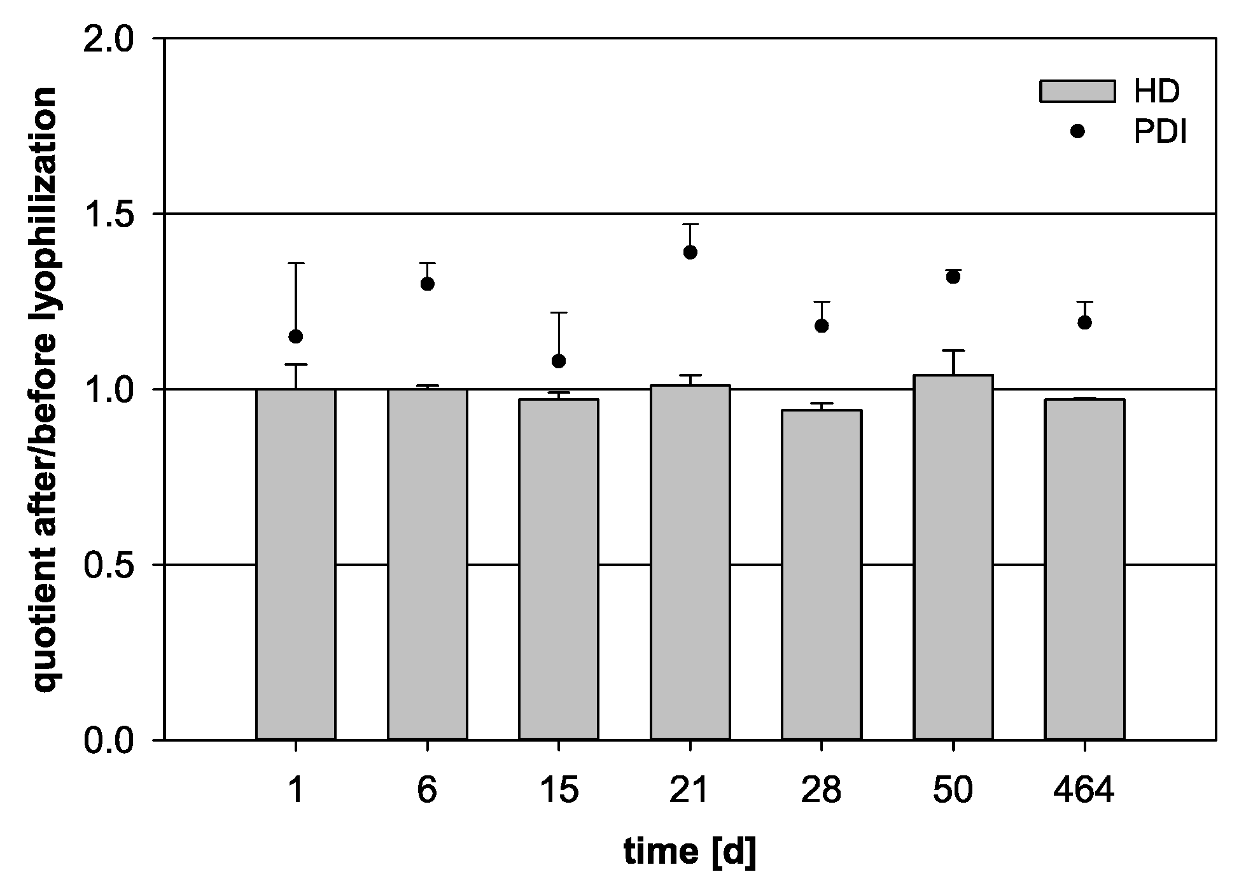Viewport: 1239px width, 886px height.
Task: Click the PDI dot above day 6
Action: pos(428,284)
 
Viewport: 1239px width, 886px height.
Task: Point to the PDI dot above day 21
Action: pos(690,253)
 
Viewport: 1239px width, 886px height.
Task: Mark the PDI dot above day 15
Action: pos(559,361)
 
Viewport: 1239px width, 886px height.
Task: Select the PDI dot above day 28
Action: pos(822,326)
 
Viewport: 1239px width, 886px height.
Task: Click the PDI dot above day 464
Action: pos(1084,322)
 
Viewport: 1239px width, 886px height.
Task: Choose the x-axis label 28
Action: pos(822,791)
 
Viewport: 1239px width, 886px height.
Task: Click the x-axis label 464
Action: pos(1084,791)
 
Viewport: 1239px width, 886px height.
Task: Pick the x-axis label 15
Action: pos(559,791)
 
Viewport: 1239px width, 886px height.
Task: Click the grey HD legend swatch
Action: pos(1077,91)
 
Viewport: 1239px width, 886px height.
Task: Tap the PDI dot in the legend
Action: pos(1077,131)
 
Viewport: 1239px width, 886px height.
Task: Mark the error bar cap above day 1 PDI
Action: pos(296,263)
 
